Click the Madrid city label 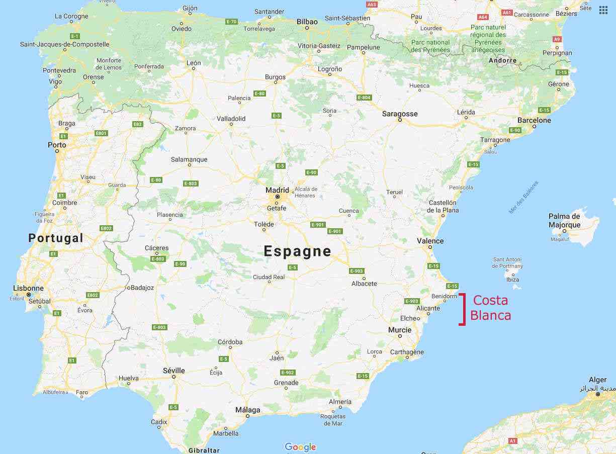[278, 190]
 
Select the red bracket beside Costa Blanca [462, 309]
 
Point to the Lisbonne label [29, 289]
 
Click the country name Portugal [55, 238]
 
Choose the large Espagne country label [298, 251]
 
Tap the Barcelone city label [534, 120]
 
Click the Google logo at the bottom [300, 446]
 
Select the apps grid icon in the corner [603, 10]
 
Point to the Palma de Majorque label [564, 221]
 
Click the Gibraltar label [204, 450]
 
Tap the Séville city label [174, 371]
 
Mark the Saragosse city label [400, 114]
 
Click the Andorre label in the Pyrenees [502, 60]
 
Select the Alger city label [597, 380]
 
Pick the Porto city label [57, 145]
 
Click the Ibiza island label [512, 279]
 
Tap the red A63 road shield [372, 5]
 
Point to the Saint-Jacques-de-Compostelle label [64, 44]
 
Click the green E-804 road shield [364, 97]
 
